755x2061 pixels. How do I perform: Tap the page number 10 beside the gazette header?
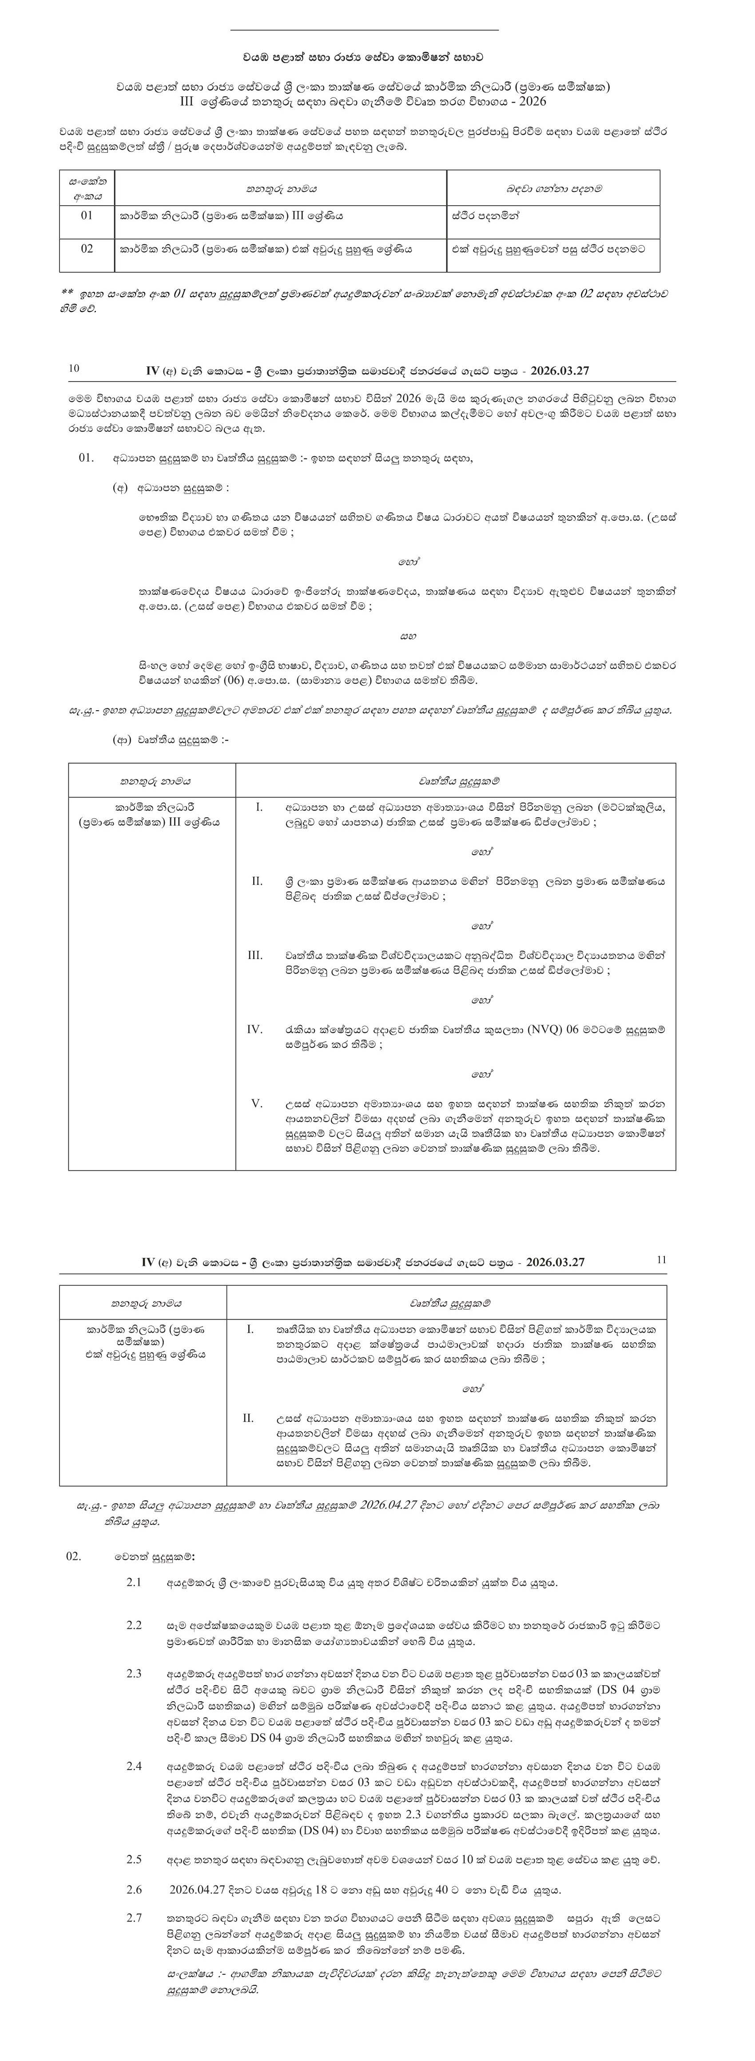(x=74, y=369)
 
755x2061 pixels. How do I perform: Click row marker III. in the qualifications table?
(x=255, y=955)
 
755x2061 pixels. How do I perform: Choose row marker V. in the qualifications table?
(x=257, y=1103)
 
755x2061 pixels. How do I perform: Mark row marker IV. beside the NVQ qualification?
(x=255, y=1029)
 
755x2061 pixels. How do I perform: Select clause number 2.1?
(x=134, y=1582)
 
